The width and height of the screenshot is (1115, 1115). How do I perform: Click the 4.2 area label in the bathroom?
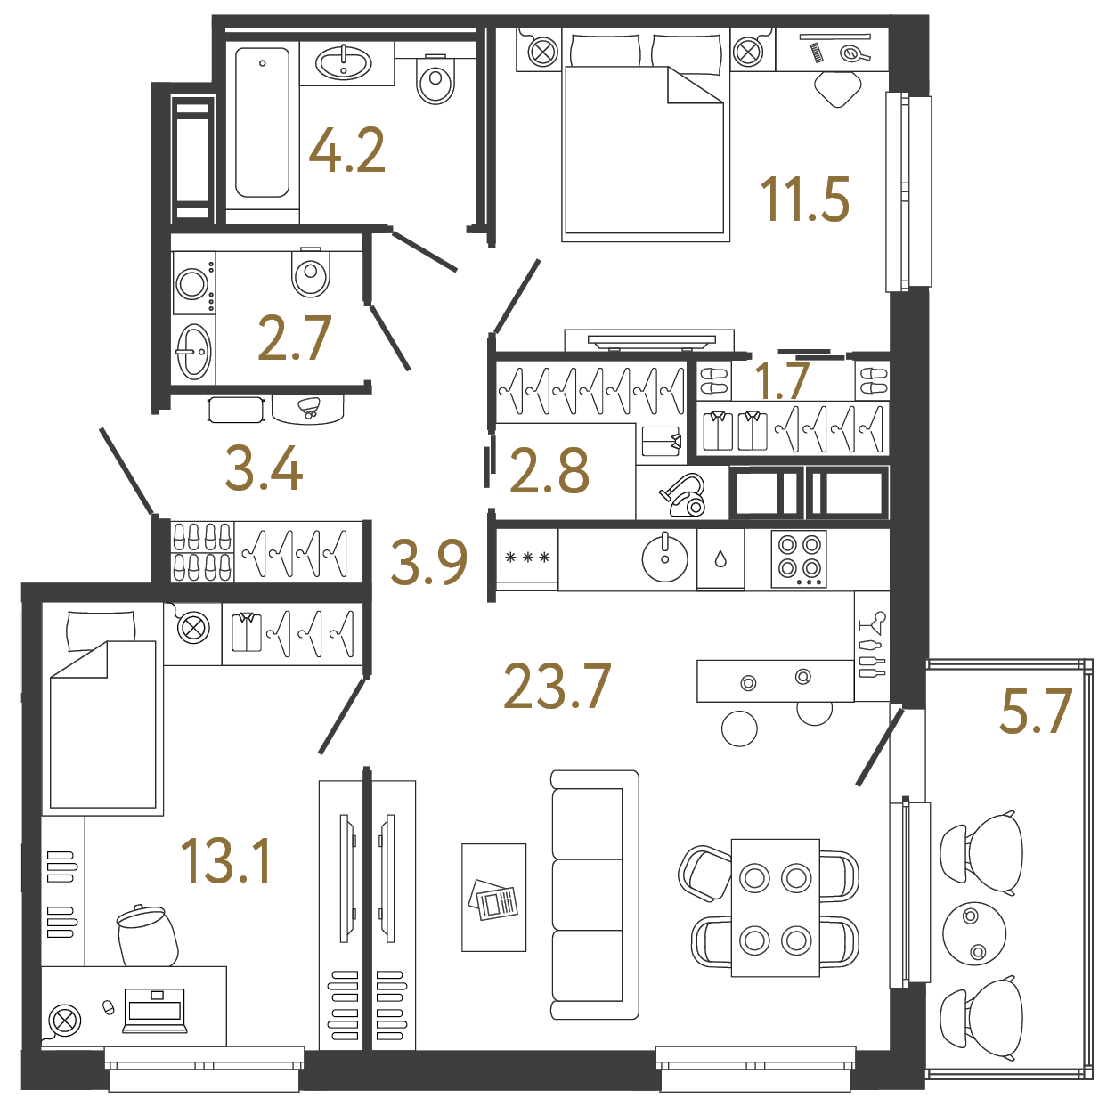pyautogui.click(x=346, y=151)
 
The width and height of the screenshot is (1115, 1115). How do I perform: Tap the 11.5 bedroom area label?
pyautogui.click(x=805, y=199)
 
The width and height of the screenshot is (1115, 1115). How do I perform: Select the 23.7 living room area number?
pyautogui.click(x=557, y=687)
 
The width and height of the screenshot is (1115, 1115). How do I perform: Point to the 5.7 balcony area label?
pyautogui.click(x=1036, y=711)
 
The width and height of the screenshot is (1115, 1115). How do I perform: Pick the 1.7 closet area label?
pyautogui.click(x=782, y=380)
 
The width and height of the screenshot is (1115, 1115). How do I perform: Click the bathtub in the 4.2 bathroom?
pyautogui.click(x=262, y=122)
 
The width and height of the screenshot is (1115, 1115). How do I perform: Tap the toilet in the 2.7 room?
pyautogui.click(x=312, y=272)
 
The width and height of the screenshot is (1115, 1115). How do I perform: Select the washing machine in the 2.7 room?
pyautogui.click(x=194, y=282)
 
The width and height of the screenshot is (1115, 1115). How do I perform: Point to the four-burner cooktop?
pyautogui.click(x=799, y=559)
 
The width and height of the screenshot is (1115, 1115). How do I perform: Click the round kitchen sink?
pyautogui.click(x=665, y=557)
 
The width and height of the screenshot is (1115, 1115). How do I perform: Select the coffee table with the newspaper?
pyautogui.click(x=493, y=898)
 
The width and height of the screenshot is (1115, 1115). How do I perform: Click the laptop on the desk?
pyautogui.click(x=154, y=1010)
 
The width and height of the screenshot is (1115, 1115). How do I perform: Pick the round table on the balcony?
pyautogui.click(x=973, y=933)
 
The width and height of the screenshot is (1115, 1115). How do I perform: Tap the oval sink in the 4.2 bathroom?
pyautogui.click(x=344, y=62)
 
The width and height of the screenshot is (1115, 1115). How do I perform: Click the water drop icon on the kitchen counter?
pyautogui.click(x=720, y=559)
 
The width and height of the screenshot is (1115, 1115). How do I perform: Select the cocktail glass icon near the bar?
pyautogui.click(x=873, y=623)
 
